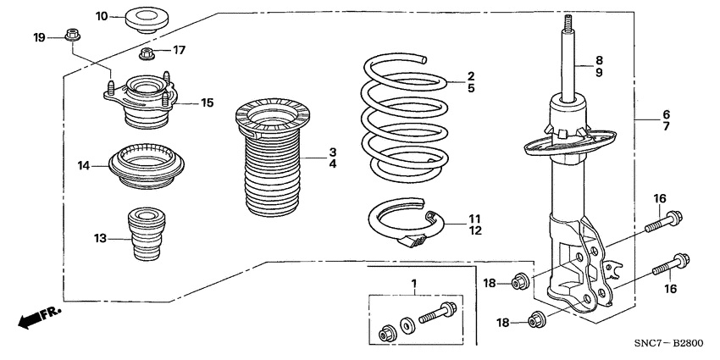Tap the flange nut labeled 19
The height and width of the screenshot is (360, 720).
click(x=69, y=36)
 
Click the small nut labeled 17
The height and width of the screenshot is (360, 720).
click(x=146, y=56)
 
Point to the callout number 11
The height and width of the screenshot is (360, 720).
click(x=474, y=219)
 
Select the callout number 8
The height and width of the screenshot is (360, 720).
click(x=599, y=60)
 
